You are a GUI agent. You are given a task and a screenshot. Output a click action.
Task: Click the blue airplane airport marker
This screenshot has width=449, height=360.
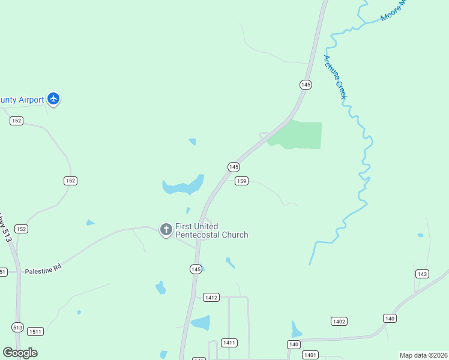click(54, 98)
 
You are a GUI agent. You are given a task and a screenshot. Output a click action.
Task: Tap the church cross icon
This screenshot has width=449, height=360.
click(166, 230)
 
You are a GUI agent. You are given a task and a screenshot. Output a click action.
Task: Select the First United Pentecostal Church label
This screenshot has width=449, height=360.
click(211, 230)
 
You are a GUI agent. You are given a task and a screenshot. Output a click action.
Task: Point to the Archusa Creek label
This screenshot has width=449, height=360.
click(336, 78)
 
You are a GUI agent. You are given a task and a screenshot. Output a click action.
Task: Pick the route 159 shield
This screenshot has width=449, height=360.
click(241, 181)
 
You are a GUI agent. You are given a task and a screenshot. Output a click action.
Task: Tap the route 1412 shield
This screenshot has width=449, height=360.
click(211, 298)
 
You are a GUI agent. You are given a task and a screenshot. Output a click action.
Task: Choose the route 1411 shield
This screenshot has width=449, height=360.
click(229, 343)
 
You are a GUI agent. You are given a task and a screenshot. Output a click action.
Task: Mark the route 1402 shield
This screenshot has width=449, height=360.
click(339, 322)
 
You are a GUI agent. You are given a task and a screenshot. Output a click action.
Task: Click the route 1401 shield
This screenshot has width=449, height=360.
click(310, 355)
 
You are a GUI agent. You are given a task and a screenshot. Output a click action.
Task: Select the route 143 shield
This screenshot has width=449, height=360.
click(422, 274)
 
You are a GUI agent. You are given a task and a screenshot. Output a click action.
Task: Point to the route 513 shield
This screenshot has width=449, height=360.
click(17, 328)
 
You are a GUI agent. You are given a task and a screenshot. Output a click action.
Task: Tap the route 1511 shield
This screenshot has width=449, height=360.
click(35, 332)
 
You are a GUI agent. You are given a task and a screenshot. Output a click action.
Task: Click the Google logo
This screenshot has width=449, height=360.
click(20, 353)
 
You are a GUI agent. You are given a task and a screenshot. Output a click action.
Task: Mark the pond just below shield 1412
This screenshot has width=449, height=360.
click(202, 323)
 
